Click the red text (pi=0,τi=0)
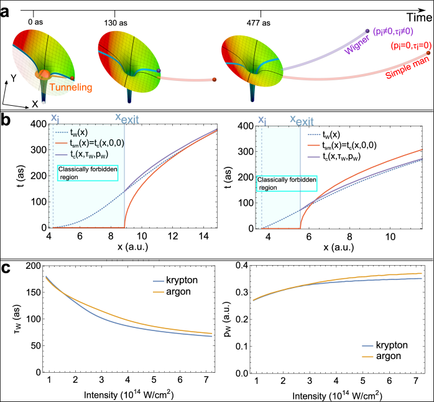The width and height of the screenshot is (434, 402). click(410, 45)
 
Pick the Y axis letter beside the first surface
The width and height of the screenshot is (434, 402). click(13, 78)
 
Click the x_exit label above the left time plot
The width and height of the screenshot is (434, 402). click(127, 118)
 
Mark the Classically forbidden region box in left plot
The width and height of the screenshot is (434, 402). click(88, 172)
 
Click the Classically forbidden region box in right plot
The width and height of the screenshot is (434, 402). click(287, 184)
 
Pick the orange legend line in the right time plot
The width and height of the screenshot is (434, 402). click(315, 146)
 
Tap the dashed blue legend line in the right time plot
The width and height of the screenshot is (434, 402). click(315, 134)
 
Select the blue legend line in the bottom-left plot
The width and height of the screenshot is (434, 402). click(159, 281)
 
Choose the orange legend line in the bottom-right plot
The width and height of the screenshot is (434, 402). click(368, 357)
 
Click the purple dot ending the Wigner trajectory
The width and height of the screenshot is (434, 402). click(367, 30)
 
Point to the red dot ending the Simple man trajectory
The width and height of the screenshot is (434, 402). click(428, 54)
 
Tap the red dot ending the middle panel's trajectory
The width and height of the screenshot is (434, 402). click(215, 80)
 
